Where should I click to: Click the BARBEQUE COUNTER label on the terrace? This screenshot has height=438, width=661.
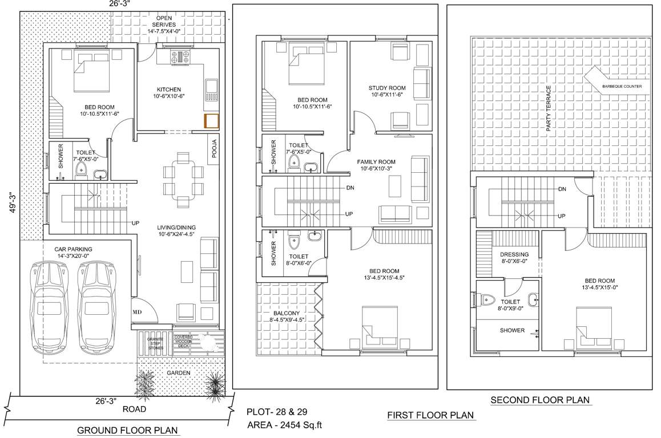pyautogui.click(x=621, y=87)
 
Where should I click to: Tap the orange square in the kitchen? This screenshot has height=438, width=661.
pyautogui.click(x=212, y=121)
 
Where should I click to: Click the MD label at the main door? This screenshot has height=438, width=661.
pyautogui.click(x=138, y=313)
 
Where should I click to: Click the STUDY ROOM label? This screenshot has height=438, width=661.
pyautogui.click(x=387, y=88)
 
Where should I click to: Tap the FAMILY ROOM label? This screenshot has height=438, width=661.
pyautogui.click(x=376, y=162)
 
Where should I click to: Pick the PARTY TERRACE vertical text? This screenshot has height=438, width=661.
pyautogui.click(x=549, y=109)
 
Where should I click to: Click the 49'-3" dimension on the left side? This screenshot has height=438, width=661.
pyautogui.click(x=12, y=201)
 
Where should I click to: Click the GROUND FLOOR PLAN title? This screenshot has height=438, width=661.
pyautogui.click(x=127, y=430)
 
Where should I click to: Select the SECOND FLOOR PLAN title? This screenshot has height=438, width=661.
pyautogui.click(x=540, y=400)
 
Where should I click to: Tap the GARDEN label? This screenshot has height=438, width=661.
pyautogui.click(x=178, y=372)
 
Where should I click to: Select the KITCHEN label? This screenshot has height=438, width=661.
pyautogui.click(x=169, y=90)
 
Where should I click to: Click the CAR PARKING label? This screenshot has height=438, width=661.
pyautogui.click(x=73, y=249)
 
